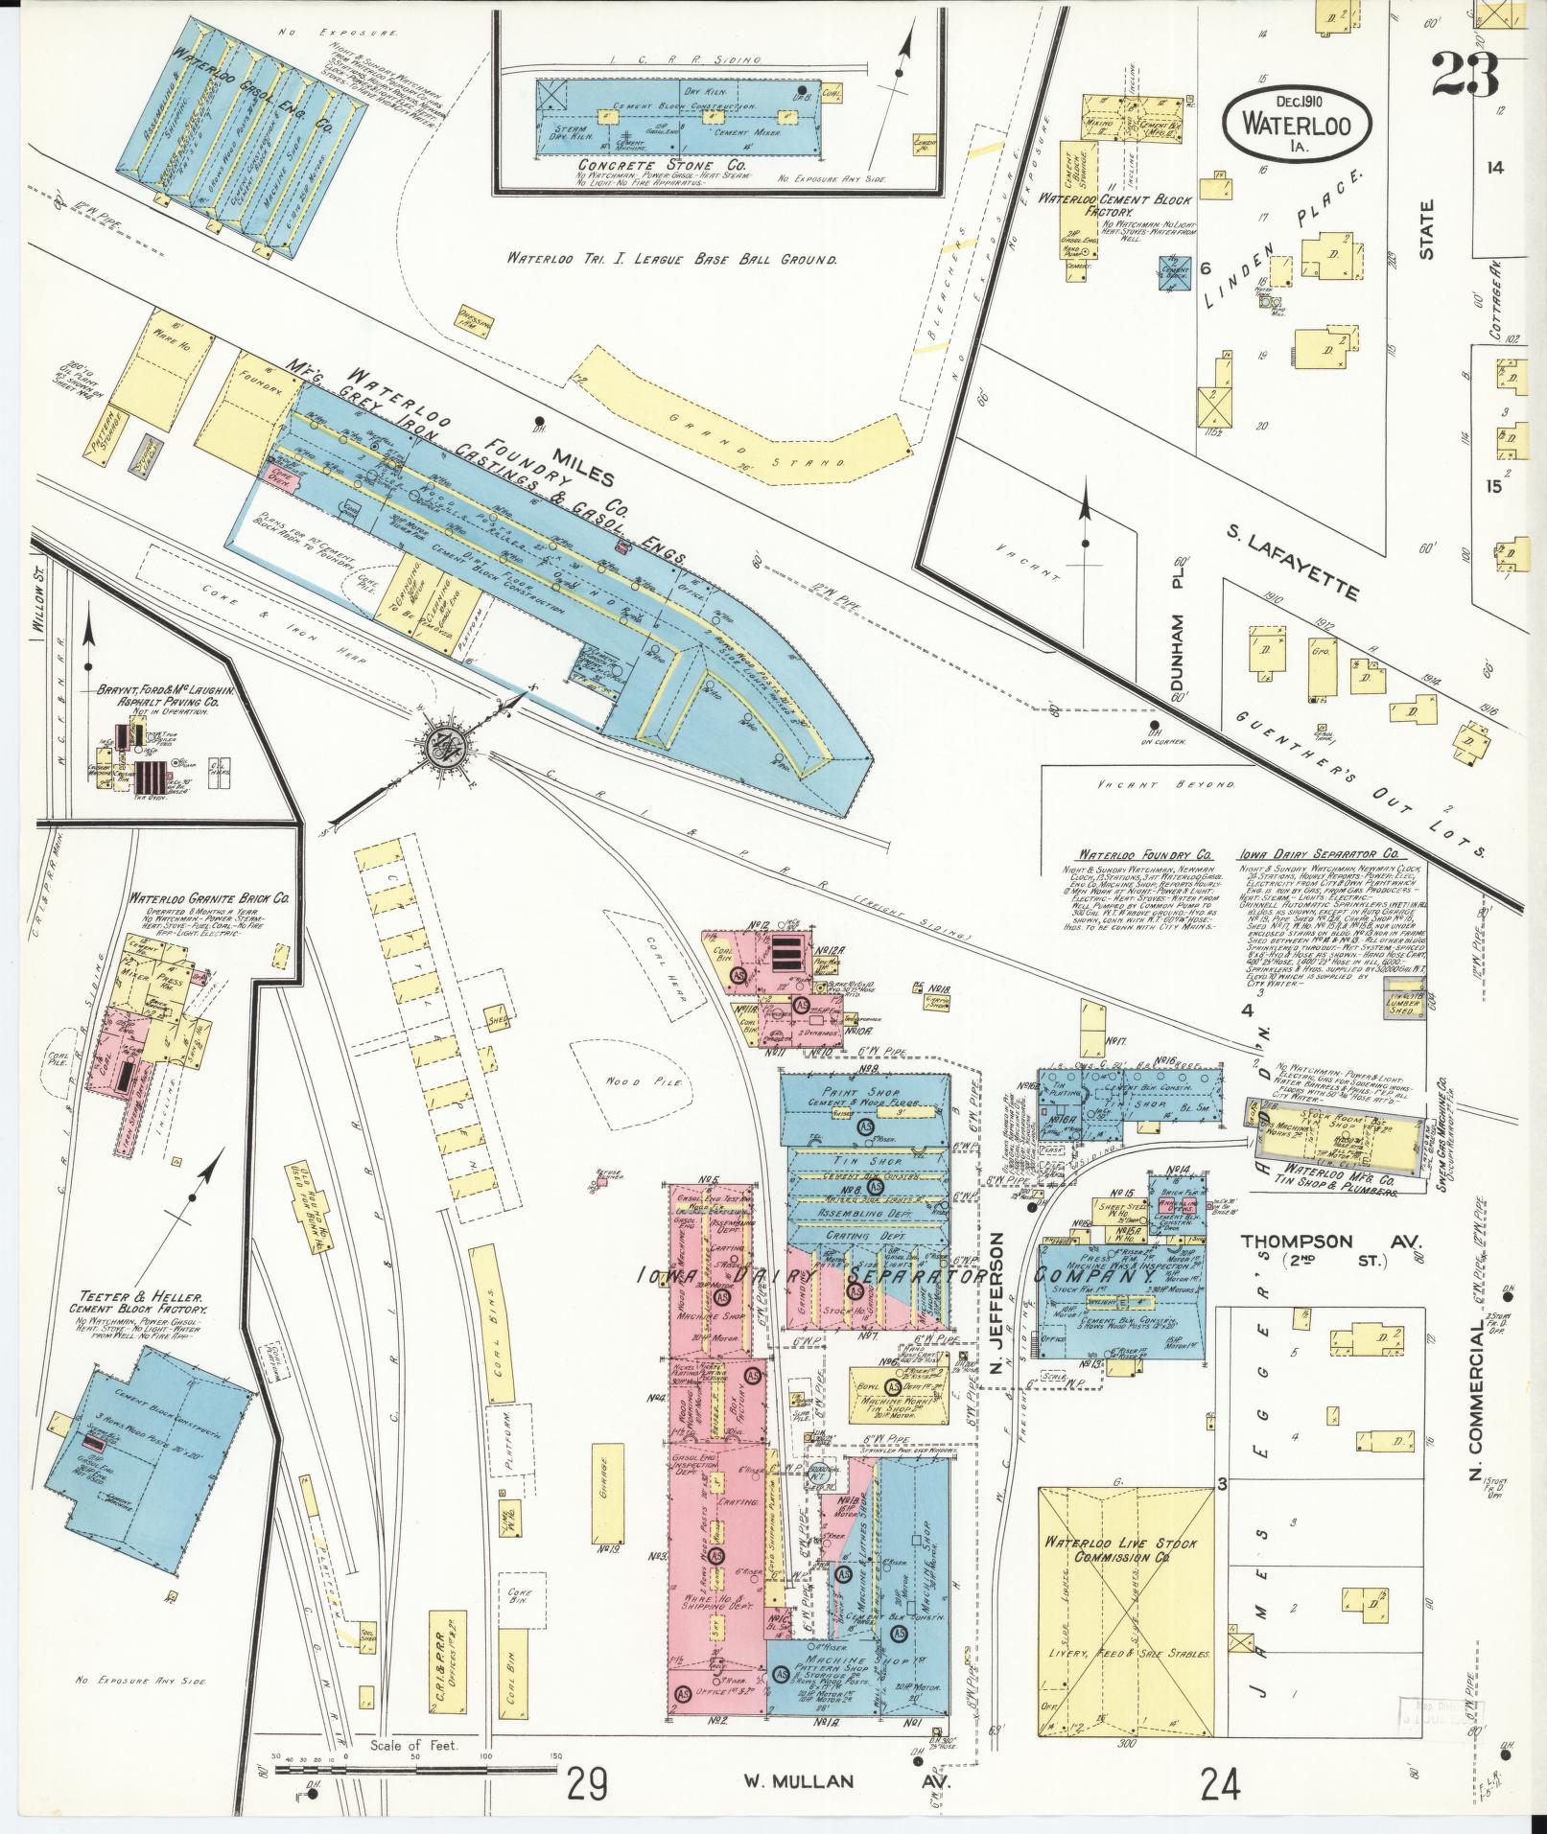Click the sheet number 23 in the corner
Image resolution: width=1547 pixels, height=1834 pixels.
coord(1465,75)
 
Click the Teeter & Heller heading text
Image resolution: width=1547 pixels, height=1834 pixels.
coord(138,1293)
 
